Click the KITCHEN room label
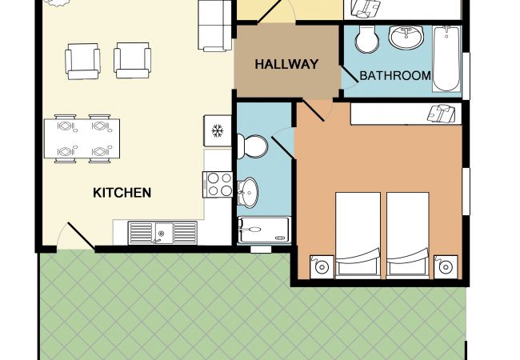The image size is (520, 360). click(122, 193)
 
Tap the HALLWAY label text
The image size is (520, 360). click(286, 64)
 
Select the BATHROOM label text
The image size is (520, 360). click(395, 75)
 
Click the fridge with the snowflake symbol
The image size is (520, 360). click(218, 131)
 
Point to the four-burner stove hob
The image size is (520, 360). click(218, 185)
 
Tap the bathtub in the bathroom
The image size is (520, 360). click(446, 58)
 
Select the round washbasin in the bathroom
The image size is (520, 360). click(406, 37)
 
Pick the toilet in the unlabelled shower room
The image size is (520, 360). click(252, 146)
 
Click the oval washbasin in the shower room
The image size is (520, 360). click(247, 192)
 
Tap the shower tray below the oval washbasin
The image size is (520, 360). click(264, 230)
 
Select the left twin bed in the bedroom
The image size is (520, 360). click(358, 234)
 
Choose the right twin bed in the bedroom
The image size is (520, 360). click(408, 234)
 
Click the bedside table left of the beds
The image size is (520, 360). click(322, 267)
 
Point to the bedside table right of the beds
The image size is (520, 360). click(446, 267)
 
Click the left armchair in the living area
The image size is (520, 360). click(83, 62)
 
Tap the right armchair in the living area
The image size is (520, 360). click(132, 60)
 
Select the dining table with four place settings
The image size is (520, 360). click(82, 138)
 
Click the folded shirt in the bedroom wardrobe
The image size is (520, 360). click(442, 114)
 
